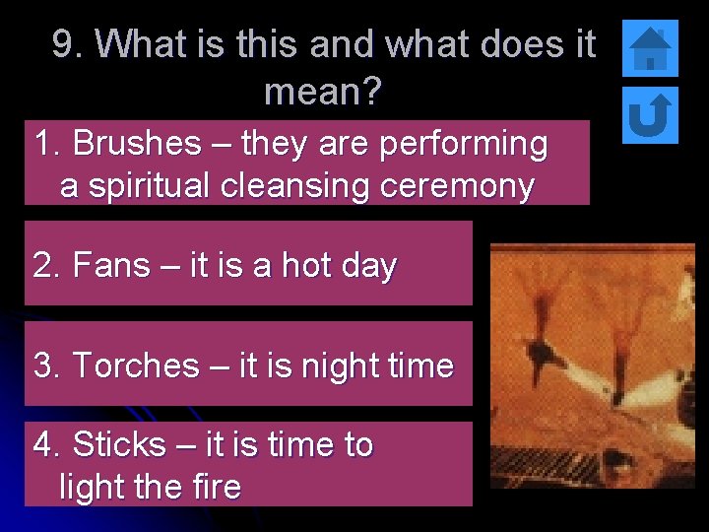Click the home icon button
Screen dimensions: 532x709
click(x=651, y=48)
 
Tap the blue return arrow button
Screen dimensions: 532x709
click(x=651, y=113)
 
